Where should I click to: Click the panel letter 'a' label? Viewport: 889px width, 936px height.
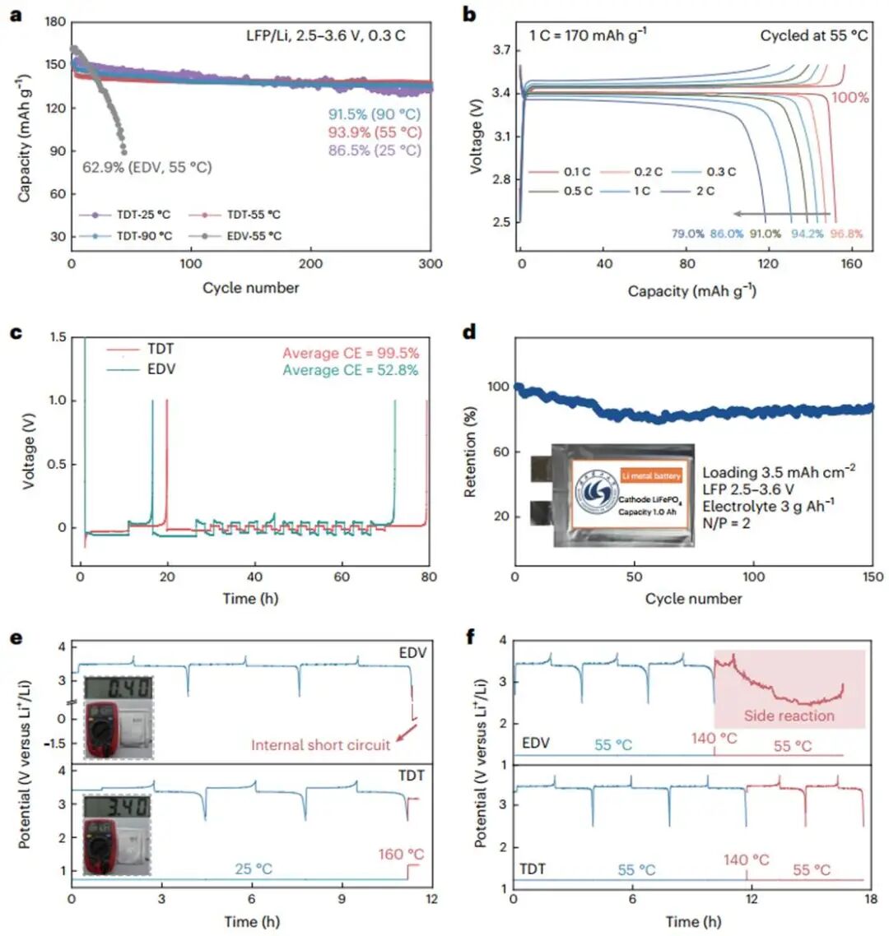[14, 14]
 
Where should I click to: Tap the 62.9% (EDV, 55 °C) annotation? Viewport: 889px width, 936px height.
[147, 167]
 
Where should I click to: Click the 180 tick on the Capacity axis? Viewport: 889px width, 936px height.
[55, 23]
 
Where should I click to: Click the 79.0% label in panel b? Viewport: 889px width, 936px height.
[687, 234]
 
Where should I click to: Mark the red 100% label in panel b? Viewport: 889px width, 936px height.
[849, 98]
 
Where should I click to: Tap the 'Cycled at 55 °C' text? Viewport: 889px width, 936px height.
[813, 36]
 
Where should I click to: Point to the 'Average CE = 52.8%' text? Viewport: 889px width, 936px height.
[351, 371]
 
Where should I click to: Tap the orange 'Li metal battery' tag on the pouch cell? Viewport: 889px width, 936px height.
[649, 475]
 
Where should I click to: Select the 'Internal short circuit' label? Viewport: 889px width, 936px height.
[321, 745]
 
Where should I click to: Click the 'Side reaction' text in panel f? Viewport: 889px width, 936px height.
[789, 715]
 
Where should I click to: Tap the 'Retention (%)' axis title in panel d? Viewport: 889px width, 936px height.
[472, 451]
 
